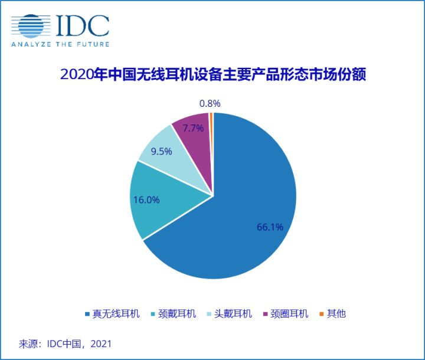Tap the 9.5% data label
[160, 152]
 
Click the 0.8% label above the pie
[210, 104]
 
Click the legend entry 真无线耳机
[116, 314]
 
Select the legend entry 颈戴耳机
[178, 314]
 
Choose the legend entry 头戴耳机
[234, 314]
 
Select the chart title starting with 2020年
[213, 75]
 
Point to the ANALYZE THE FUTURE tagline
[60, 44]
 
